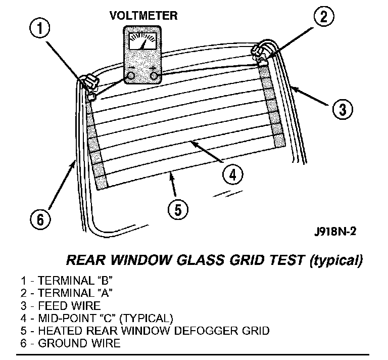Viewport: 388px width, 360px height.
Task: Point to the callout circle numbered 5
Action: (175, 209)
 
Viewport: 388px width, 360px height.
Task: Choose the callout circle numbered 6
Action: (40, 219)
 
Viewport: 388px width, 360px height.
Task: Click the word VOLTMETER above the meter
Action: (143, 15)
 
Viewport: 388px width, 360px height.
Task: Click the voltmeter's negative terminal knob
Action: (131, 76)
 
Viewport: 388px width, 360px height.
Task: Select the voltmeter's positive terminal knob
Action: (155, 76)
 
